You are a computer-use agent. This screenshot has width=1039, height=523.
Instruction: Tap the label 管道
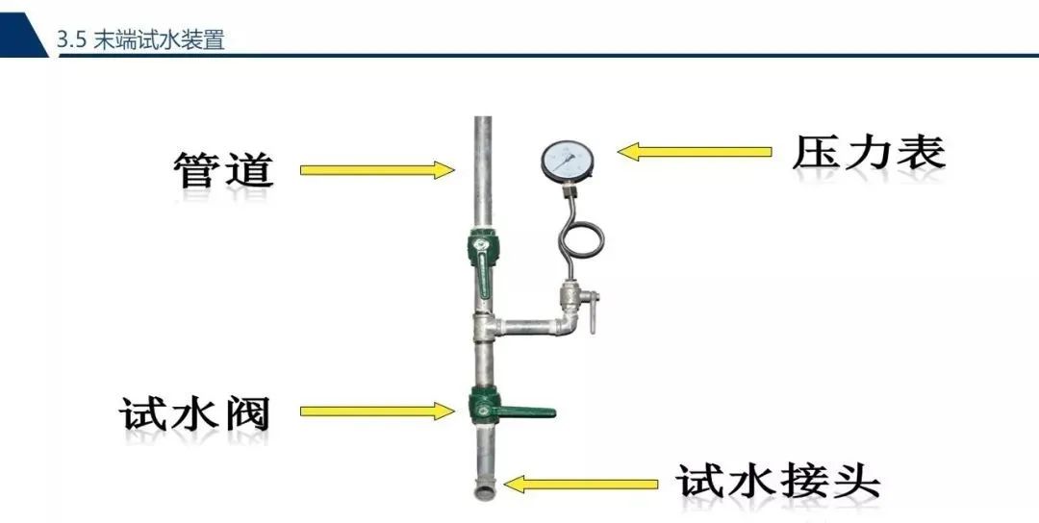click(x=224, y=169)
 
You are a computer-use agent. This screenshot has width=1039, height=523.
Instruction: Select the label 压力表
click(x=868, y=152)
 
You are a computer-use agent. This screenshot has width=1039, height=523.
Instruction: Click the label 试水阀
click(x=195, y=413)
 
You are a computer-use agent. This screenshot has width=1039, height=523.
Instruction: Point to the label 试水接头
click(x=777, y=481)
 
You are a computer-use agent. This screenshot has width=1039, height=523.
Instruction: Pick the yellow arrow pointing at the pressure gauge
click(x=695, y=152)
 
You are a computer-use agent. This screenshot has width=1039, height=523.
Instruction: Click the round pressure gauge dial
click(x=567, y=161)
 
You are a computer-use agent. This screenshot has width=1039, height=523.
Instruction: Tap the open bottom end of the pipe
click(x=483, y=494)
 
